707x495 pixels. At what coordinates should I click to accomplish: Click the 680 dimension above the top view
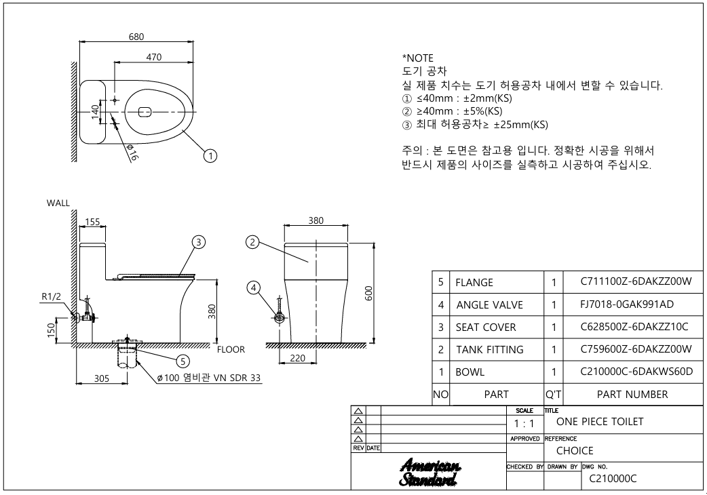pos(136,37)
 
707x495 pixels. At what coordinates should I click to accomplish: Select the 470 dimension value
pos(154,58)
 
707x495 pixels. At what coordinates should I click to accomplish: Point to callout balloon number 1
pos(211,156)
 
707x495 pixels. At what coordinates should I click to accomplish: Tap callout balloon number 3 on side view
pos(198,242)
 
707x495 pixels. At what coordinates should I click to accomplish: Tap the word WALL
pos(58,203)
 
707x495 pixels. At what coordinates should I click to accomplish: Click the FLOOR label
pos(231,350)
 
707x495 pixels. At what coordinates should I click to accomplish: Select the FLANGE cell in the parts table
pos(474,282)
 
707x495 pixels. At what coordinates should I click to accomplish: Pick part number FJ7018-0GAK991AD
pos(627,304)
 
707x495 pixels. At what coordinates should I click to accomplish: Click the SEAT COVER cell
pos(485,327)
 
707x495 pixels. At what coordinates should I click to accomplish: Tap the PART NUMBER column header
pos(632,394)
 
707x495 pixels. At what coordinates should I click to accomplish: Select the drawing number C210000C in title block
pos(612,479)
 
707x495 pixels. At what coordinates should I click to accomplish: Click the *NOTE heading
pos(418,58)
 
